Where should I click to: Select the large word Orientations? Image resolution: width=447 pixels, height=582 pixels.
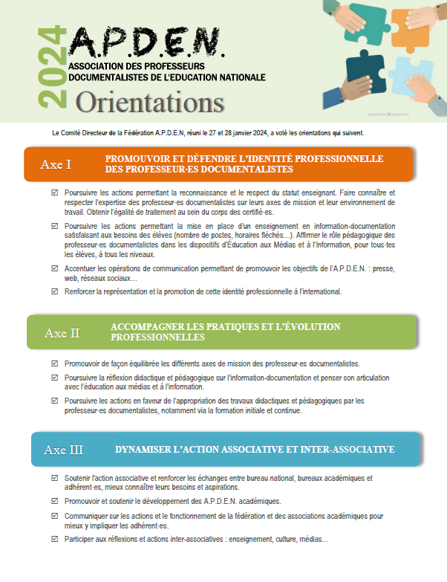[149, 99]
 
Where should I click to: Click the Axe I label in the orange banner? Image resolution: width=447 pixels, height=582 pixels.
[56, 164]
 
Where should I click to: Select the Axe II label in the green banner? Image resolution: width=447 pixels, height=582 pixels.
[62, 332]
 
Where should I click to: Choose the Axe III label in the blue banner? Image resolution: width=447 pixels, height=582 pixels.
[64, 449]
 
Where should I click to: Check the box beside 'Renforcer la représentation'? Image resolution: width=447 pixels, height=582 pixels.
[55, 291]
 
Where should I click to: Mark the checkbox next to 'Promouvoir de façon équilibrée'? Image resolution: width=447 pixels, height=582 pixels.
[55, 363]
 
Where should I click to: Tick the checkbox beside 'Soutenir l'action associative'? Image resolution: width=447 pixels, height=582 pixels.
[55, 478]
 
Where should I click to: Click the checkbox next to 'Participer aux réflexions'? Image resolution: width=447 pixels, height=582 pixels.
[55, 539]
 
